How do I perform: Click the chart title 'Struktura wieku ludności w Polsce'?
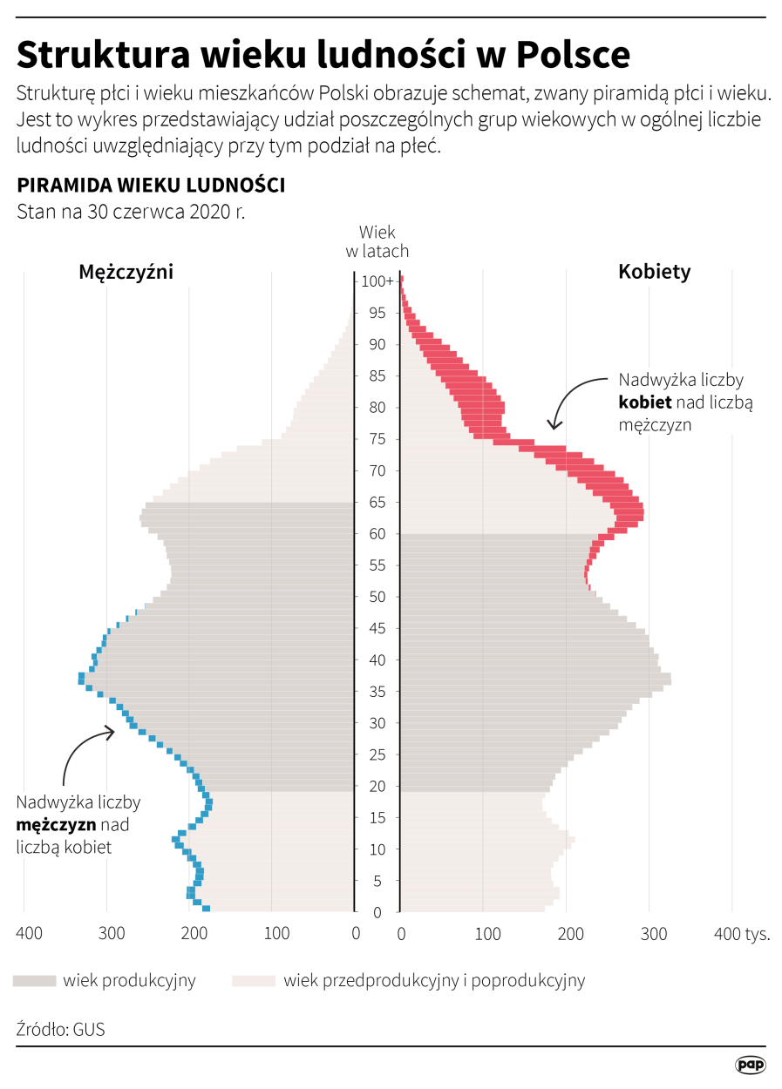tap(323, 54)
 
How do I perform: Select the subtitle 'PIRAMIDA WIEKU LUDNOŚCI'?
tap(151, 186)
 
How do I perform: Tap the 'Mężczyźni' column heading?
tap(126, 272)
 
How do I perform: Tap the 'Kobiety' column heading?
tap(654, 272)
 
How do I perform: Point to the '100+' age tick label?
tap(378, 281)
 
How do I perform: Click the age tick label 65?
tap(377, 503)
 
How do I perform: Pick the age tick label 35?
tap(377, 692)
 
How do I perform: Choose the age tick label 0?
tap(377, 912)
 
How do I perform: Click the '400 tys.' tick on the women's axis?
tap(742, 934)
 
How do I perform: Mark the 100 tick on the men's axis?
tap(276, 934)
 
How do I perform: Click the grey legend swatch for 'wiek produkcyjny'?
tap(34, 981)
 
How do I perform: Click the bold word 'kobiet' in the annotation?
tap(645, 402)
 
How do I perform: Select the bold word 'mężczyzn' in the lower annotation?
tap(57, 824)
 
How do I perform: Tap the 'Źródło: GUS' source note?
tap(60, 1029)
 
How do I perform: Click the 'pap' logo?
tap(750, 1064)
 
